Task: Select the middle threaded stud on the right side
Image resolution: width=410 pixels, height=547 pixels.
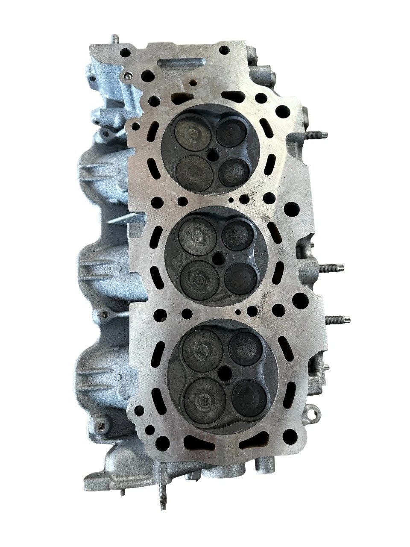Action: click(x=331, y=268)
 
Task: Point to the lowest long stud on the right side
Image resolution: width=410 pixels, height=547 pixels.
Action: click(x=338, y=319)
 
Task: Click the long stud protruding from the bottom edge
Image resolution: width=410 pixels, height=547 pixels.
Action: click(x=162, y=491)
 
